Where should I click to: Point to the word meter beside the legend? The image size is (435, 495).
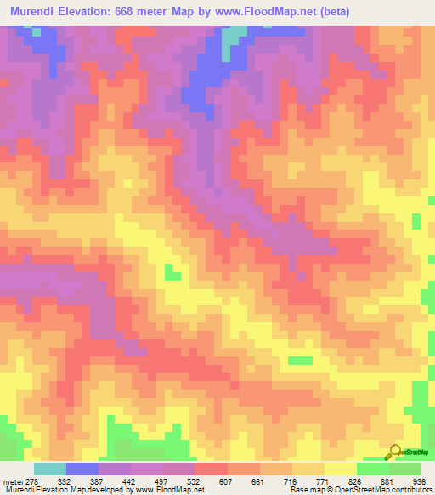(x=10, y=481)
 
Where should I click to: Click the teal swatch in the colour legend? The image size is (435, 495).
(x=50, y=469)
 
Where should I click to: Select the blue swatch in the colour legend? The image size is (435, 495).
(x=82, y=469)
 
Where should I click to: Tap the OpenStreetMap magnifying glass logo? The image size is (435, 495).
(x=394, y=452)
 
